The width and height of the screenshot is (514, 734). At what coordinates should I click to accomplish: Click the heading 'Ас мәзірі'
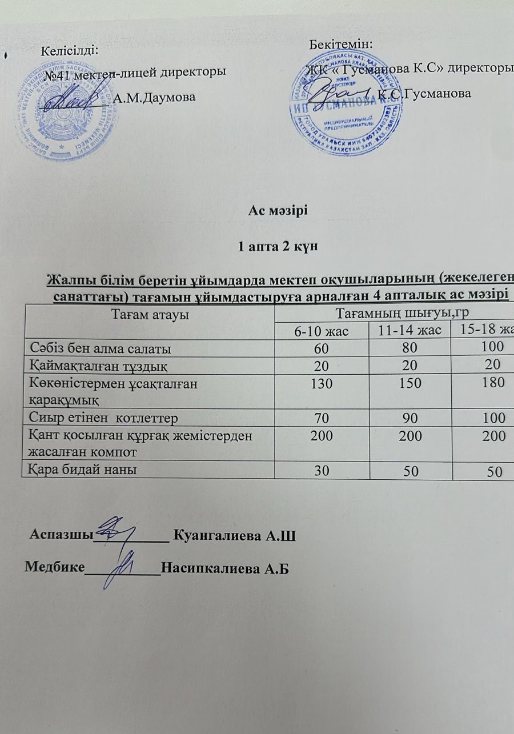point(278,210)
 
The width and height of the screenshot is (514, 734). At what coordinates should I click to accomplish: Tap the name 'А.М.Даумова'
point(155,98)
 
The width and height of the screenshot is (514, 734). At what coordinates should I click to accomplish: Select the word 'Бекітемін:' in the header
point(340,43)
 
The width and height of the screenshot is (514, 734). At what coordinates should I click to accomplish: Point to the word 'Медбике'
point(54,568)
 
